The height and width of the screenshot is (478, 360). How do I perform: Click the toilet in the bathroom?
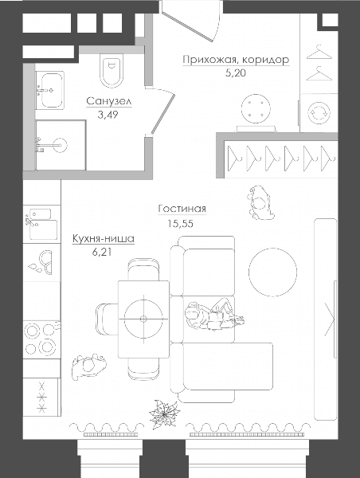point(112,71)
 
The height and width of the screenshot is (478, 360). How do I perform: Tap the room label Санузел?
point(109,101)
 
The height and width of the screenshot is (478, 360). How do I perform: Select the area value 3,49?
point(108,115)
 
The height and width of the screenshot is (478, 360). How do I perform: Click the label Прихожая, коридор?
point(236,60)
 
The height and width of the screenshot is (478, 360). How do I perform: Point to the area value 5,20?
point(235,73)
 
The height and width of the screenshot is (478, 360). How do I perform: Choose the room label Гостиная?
point(182,209)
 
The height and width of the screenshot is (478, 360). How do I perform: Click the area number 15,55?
point(180,224)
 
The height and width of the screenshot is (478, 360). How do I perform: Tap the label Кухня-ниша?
point(103,239)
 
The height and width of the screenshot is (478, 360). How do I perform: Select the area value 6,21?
point(101,252)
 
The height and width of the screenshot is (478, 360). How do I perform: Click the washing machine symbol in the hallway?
point(319,113)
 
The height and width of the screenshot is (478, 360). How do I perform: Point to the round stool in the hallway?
point(256,108)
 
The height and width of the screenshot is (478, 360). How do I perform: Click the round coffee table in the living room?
point(272,272)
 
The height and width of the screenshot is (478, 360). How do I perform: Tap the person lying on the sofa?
point(213,315)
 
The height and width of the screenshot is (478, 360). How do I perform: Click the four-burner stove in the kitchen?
point(41,339)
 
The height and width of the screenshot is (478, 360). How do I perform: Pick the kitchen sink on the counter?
point(41,225)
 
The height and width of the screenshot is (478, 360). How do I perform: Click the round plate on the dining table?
point(143,319)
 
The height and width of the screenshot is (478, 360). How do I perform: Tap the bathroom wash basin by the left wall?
point(50,91)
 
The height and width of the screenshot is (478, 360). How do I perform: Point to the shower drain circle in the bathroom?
point(58,145)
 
